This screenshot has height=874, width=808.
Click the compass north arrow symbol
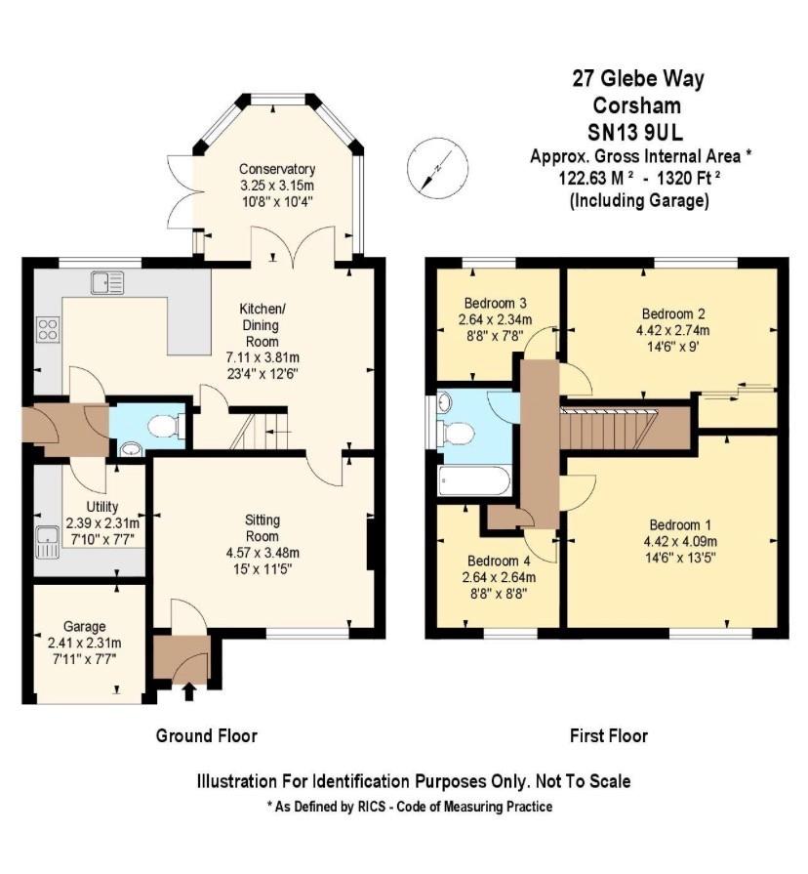(x=431, y=164)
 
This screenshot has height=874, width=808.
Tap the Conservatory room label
(x=277, y=169)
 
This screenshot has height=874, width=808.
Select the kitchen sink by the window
(x=107, y=282)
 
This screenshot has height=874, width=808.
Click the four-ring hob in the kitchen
(x=48, y=329)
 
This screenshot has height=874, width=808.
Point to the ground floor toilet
(x=167, y=426)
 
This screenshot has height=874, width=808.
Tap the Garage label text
(x=85, y=626)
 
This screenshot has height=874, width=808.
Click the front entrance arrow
(x=188, y=692)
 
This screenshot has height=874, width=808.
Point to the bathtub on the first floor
(x=475, y=480)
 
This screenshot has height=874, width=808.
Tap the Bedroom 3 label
(x=496, y=301)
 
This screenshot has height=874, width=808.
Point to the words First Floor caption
(x=609, y=735)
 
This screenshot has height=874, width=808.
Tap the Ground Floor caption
(x=207, y=735)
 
